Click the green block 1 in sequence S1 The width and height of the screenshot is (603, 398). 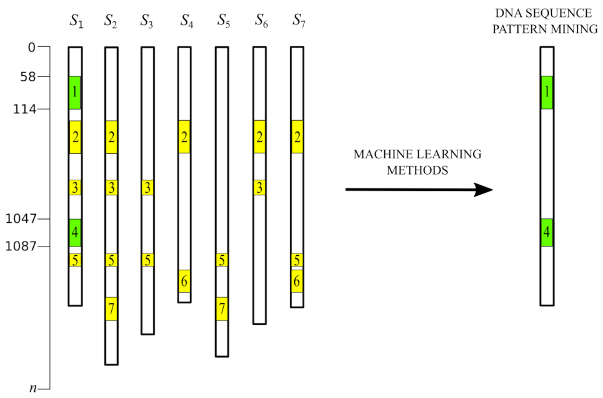(74, 93)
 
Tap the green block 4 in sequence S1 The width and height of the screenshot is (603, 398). (74, 233)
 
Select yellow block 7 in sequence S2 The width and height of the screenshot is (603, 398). (111, 309)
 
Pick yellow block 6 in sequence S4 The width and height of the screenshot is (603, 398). (184, 281)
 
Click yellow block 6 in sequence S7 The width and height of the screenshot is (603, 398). (297, 281)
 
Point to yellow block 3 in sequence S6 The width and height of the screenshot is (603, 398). (259, 187)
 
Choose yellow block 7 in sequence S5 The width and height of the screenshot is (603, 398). (222, 309)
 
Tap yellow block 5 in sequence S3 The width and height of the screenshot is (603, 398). (147, 260)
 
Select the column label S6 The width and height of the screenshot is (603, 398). (261, 21)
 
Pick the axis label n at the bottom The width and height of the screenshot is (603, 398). (33, 388)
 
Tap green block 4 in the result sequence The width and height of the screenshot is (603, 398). (547, 233)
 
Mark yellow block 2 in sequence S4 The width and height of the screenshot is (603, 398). (184, 137)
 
